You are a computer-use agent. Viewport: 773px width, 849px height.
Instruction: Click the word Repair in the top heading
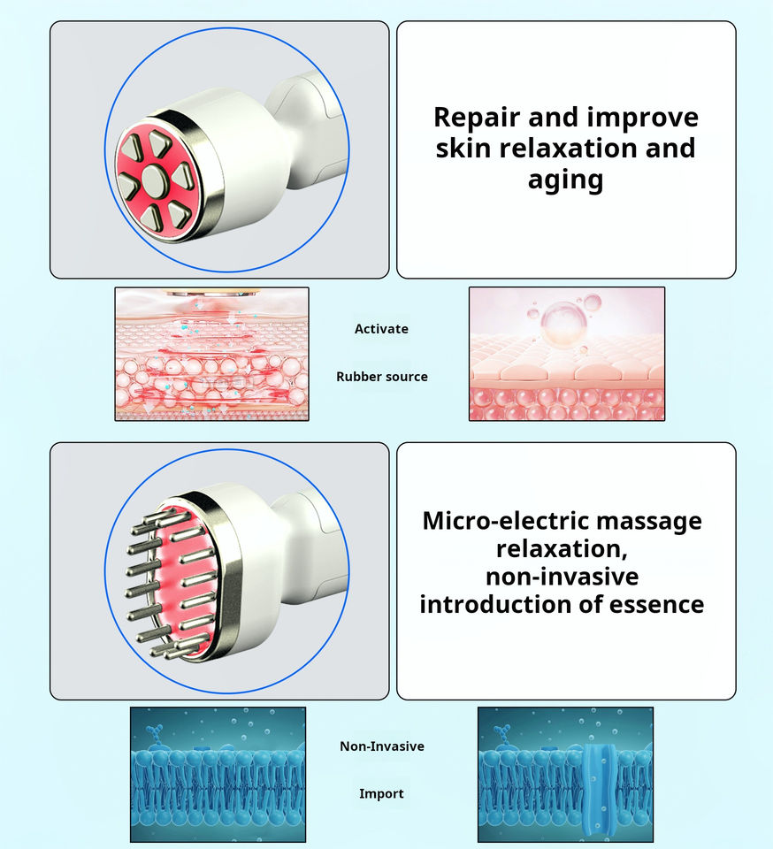coord(477,118)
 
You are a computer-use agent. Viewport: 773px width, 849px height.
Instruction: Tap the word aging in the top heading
coord(565,180)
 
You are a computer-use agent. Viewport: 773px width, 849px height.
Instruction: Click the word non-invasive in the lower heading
coord(562,577)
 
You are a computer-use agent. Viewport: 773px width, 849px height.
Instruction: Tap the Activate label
coord(381,329)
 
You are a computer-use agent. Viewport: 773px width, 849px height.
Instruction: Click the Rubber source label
coord(381,377)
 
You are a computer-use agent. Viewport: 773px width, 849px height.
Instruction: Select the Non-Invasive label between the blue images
coord(381,746)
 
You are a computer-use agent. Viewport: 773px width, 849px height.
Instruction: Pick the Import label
coord(381,794)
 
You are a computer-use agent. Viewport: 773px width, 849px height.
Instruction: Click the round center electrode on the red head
coord(153,180)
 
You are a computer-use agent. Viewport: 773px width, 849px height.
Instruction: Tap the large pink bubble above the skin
coord(564,323)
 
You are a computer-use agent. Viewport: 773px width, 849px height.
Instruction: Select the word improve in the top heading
coord(642,118)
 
